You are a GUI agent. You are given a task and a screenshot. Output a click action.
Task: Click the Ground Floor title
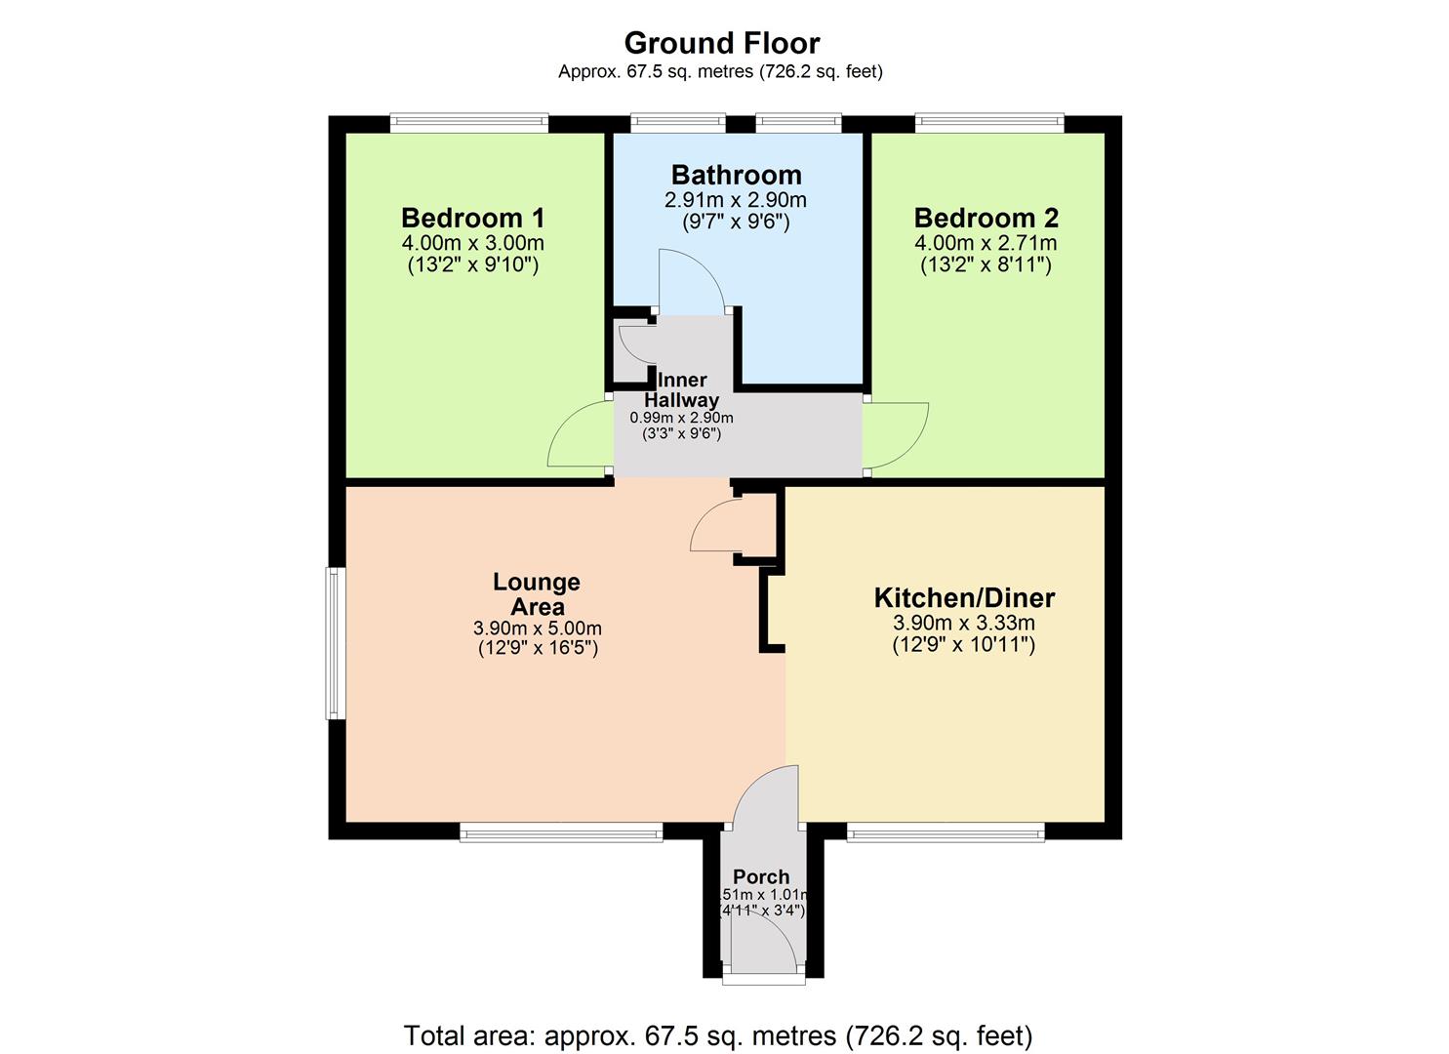pos(721,43)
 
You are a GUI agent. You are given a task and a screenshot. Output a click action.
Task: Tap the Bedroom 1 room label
pos(472,218)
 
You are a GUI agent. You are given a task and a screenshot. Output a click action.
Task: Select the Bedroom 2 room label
pos(986,218)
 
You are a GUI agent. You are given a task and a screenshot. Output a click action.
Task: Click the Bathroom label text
pos(736,176)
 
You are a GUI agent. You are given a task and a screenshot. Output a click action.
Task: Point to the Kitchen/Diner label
pos(963,598)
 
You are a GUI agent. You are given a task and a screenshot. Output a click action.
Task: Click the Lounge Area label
pos(537,594)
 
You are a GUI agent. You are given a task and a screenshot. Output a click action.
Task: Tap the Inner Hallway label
pos(681,389)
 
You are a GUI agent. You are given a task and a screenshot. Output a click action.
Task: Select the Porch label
pos(761,876)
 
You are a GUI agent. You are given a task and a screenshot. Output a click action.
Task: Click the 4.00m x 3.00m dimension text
pos(472,243)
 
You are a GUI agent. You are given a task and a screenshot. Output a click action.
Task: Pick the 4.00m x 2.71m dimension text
pos(986,243)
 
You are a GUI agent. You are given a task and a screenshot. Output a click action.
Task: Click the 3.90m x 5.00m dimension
pos(537,628)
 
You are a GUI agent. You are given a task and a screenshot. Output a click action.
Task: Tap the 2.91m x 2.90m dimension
pos(736,201)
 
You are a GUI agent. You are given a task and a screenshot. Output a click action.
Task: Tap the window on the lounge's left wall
pos(335,643)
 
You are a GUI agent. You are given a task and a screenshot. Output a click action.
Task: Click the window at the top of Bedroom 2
pos(988,123)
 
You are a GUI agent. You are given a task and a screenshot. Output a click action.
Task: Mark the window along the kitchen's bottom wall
pos(945,832)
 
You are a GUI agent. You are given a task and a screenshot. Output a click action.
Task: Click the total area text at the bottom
pos(717,1034)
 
